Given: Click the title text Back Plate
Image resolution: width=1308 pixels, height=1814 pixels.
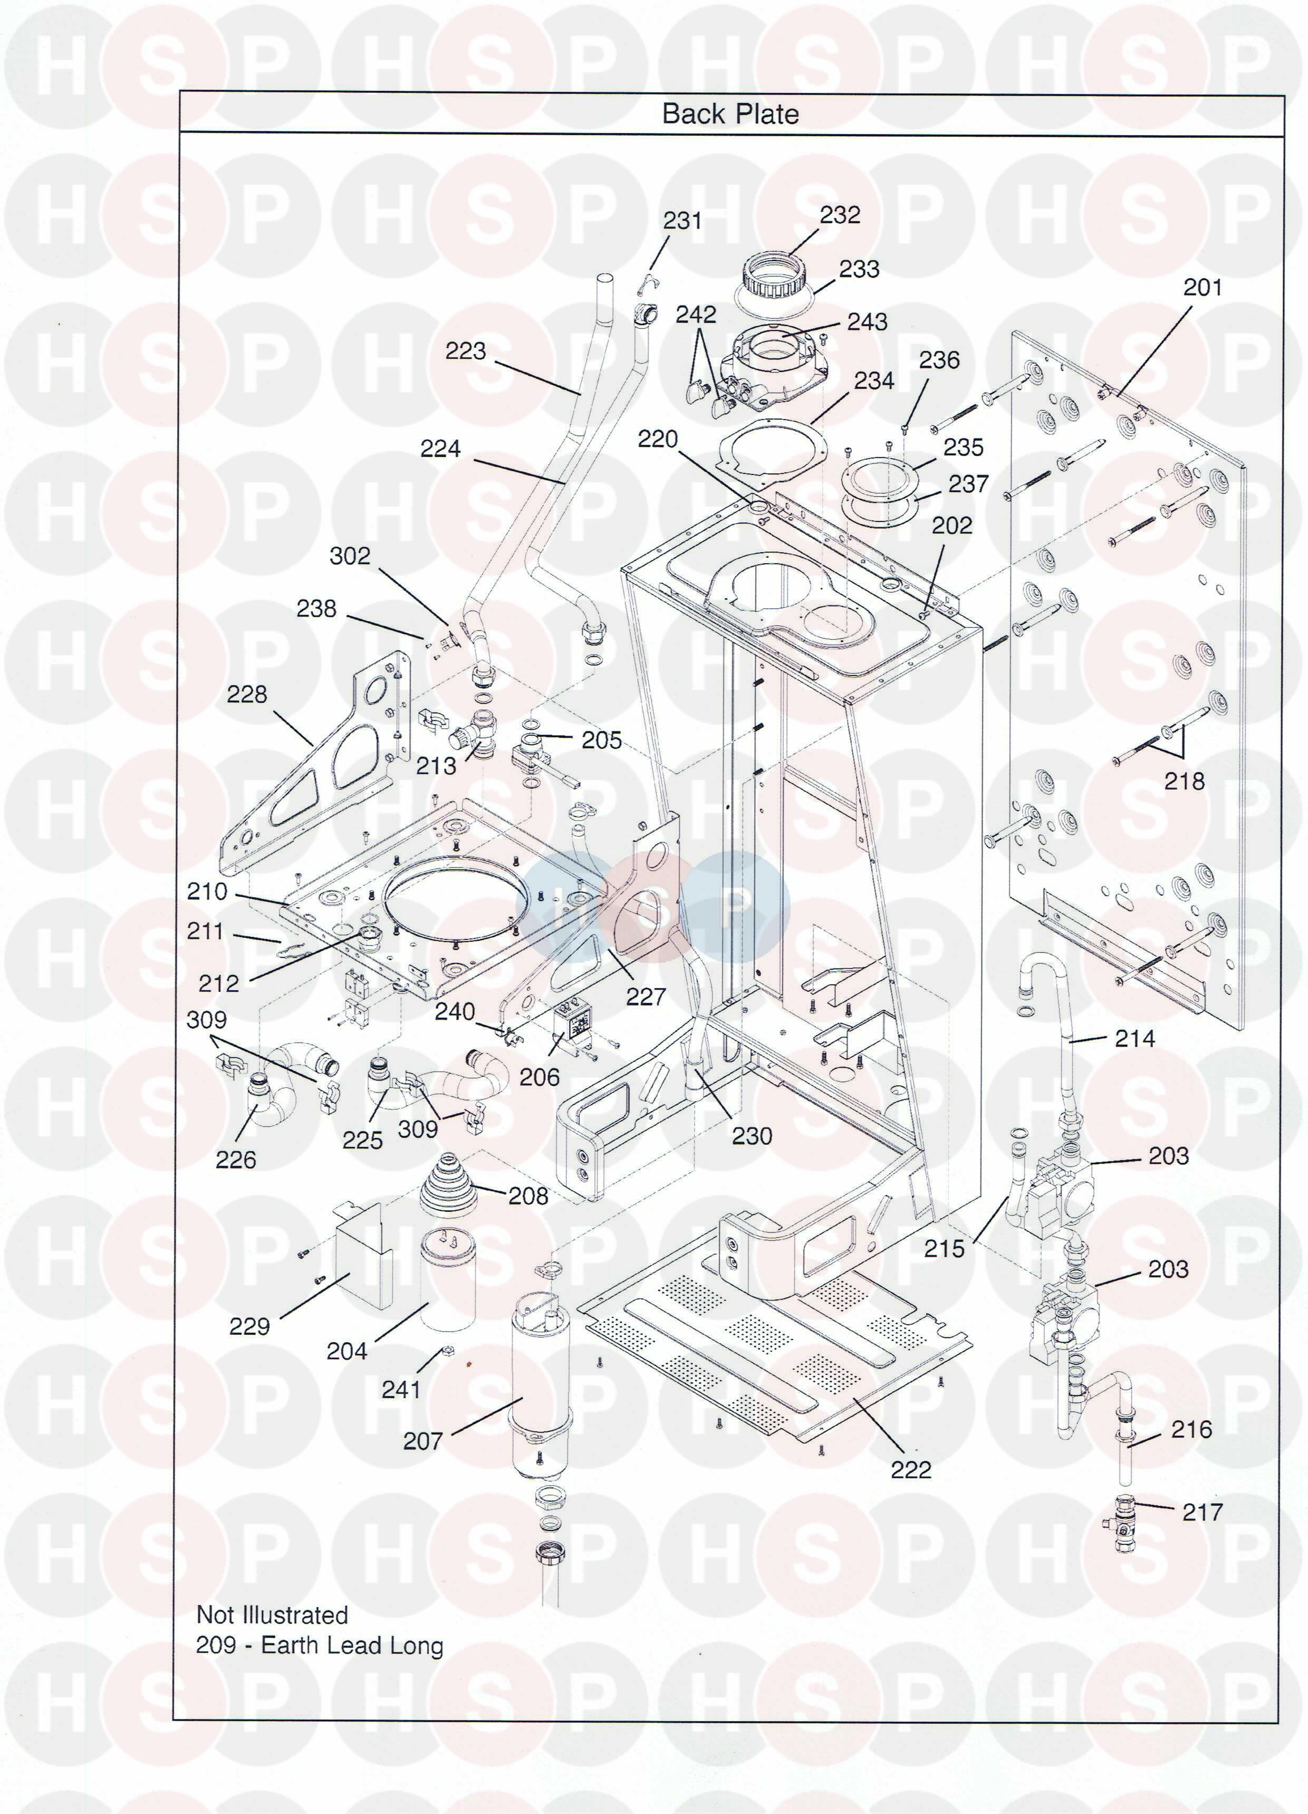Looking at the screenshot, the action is coord(730,113).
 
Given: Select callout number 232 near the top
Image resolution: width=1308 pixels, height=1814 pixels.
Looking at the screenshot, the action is coord(840,215).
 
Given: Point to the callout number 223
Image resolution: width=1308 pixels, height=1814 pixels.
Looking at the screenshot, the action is coord(465,350).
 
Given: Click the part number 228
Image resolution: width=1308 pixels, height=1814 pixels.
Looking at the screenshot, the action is coord(246,694).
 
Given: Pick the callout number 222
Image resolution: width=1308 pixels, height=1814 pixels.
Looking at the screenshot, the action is coord(911,1469).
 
